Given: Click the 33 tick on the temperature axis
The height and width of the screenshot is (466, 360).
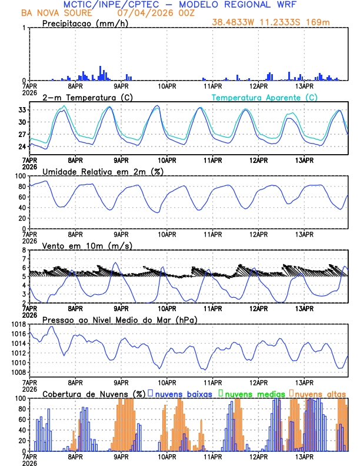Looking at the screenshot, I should coord(21,110).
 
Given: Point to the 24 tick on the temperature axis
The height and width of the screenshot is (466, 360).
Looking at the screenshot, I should coord(21,147).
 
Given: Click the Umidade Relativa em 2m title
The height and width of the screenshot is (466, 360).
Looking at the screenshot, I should coord(102,171).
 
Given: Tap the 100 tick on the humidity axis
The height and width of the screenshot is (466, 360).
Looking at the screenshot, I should coord(19,176).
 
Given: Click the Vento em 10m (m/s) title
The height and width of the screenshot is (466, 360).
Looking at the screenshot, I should coord(87,245).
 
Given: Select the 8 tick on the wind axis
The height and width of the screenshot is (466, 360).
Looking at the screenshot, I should coord(24,250).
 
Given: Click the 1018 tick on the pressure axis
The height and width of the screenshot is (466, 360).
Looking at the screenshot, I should coord(17,324).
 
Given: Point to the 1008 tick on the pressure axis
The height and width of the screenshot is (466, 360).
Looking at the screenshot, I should coord(17,372).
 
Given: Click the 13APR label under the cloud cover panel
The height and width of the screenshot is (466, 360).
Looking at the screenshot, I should coord(304,456).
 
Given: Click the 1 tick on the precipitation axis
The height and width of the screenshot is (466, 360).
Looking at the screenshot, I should coord(24,28).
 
